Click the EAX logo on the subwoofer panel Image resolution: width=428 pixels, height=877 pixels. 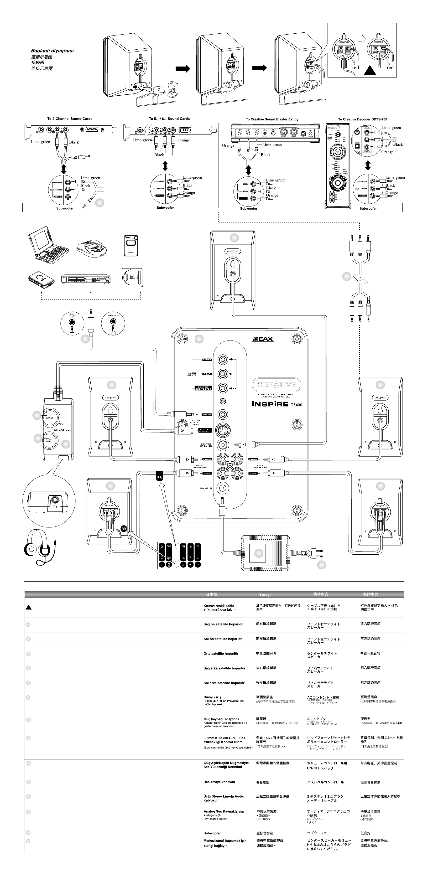pyautogui.click(x=263, y=339)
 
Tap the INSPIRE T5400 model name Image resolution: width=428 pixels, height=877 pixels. pyautogui.click(x=277, y=404)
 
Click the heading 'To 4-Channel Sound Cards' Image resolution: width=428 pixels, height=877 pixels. pyautogui.click(x=70, y=119)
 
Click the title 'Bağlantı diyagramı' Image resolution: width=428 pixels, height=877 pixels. pyautogui.click(x=52, y=51)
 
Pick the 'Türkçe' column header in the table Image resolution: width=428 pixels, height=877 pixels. pyautogui.click(x=265, y=595)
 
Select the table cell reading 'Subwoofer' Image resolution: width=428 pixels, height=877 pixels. pyautogui.click(x=212, y=833)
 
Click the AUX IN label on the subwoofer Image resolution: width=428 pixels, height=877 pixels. pyautogui.click(x=207, y=415)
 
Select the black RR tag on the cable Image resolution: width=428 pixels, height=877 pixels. pyautogui.click(x=159, y=476)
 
